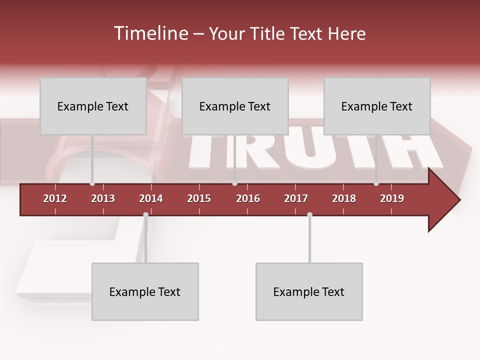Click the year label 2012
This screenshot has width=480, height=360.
click(x=55, y=198)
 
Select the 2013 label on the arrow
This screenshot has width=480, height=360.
click(x=103, y=198)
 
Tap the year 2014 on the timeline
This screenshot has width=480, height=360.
click(x=151, y=198)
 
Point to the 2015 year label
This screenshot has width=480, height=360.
click(x=199, y=198)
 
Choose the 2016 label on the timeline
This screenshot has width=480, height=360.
click(x=248, y=198)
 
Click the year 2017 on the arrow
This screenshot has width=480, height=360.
click(x=296, y=198)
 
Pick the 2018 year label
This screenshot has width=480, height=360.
click(x=344, y=198)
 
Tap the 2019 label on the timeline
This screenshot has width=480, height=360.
click(x=392, y=198)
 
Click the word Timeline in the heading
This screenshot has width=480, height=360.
click(x=150, y=33)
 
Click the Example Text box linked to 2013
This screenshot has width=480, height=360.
click(x=93, y=106)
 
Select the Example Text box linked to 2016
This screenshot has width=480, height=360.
click(x=235, y=106)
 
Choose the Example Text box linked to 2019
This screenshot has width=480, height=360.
click(x=377, y=106)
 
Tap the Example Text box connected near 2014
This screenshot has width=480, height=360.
click(x=145, y=291)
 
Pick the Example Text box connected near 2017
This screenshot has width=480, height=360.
click(x=309, y=291)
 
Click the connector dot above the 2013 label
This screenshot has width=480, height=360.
click(x=92, y=183)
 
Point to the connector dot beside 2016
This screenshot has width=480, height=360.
click(x=234, y=183)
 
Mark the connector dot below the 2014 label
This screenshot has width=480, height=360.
click(x=145, y=215)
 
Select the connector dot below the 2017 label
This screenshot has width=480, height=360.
click(x=309, y=215)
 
